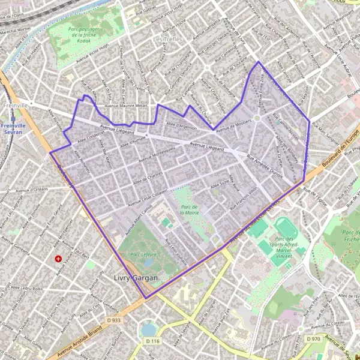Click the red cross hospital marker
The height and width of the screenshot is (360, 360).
pos(58,259)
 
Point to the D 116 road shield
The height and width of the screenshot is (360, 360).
pos(153,341)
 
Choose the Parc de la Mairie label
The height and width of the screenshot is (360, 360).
pos(191,209)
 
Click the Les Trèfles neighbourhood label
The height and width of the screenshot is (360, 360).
pos(167,40)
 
